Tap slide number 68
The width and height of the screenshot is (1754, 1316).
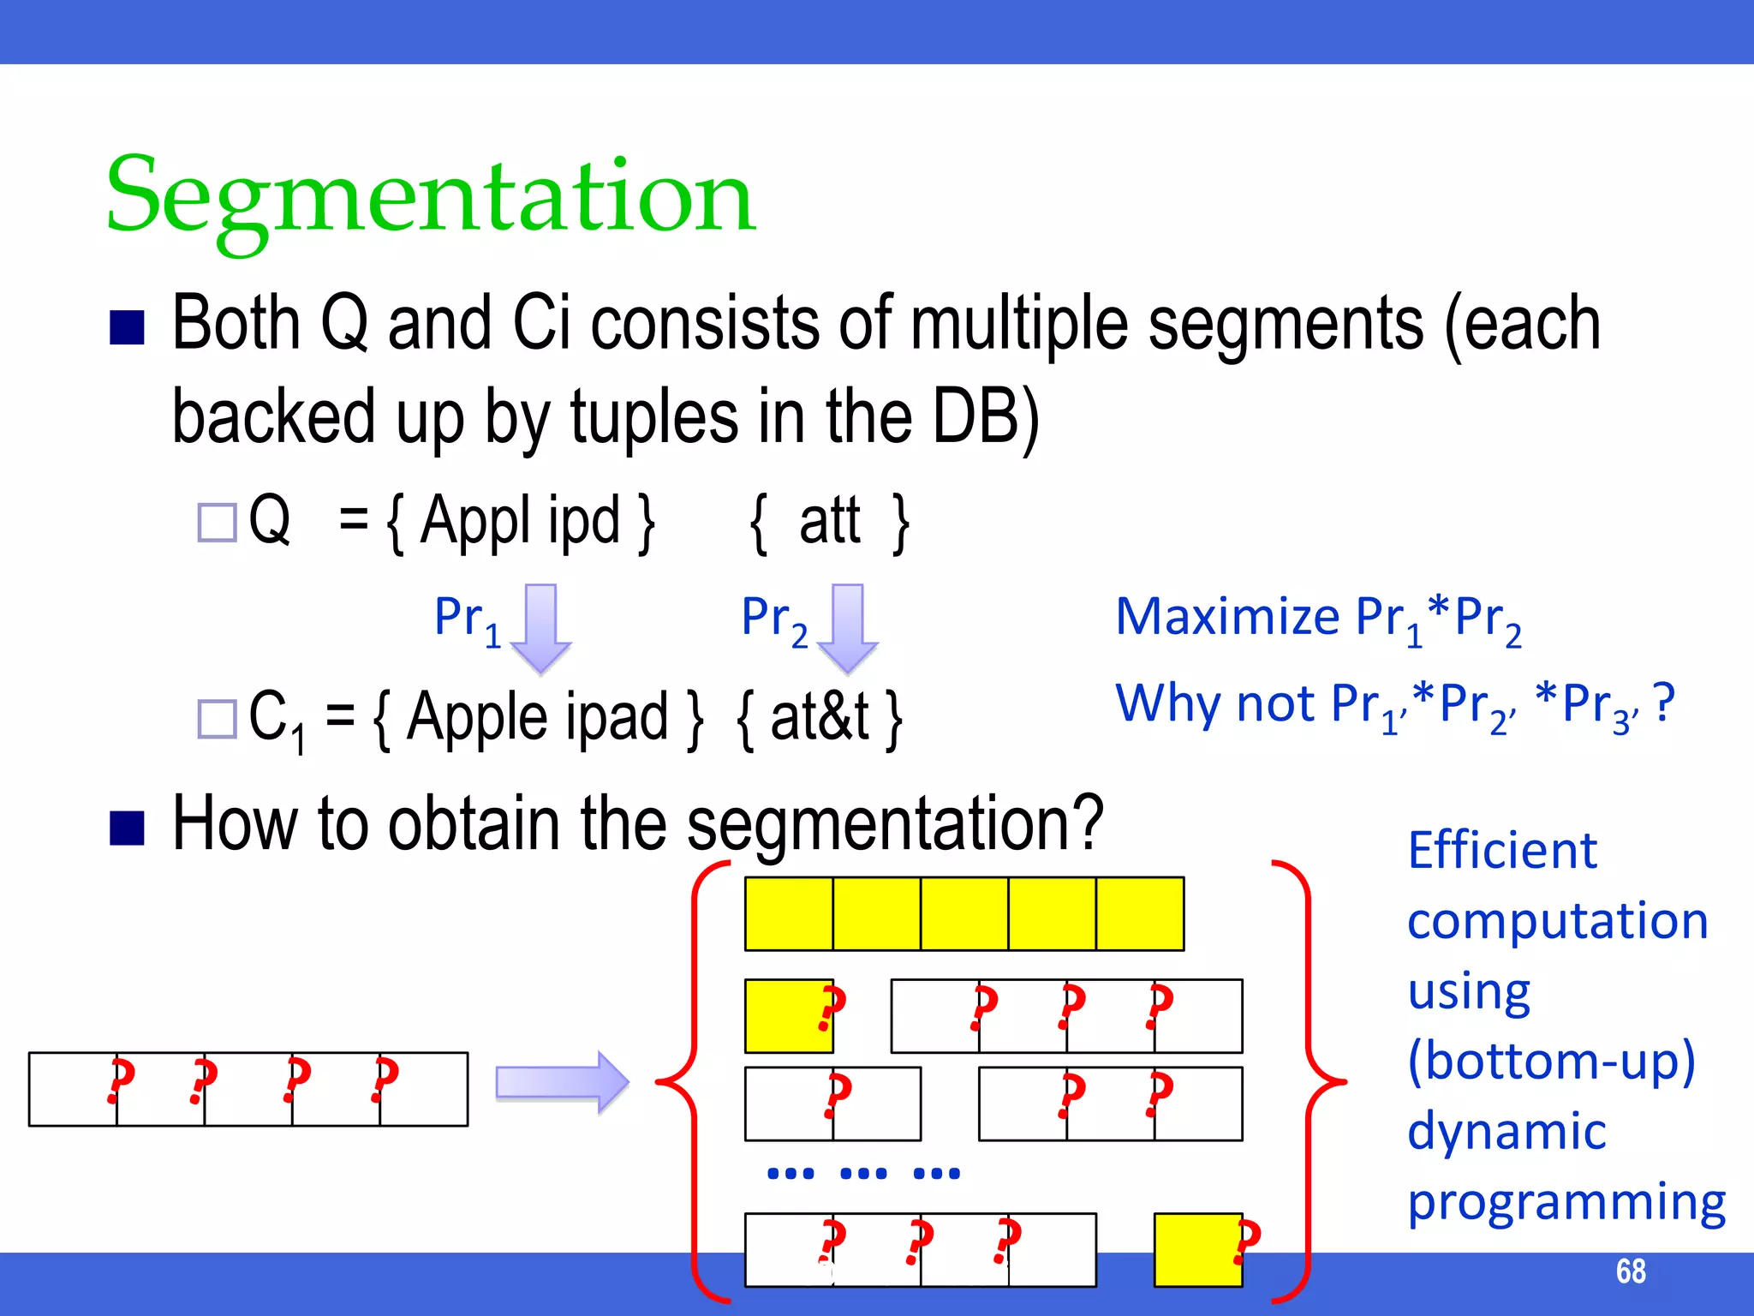[x=1630, y=1271]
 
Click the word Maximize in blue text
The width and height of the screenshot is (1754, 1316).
[x=1226, y=617]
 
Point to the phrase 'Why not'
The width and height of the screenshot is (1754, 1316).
[x=1214, y=704]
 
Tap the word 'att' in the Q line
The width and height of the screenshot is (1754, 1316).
[x=829, y=521]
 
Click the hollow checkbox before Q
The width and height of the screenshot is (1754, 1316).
[x=217, y=522]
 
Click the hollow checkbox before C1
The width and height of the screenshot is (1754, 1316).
[x=217, y=718]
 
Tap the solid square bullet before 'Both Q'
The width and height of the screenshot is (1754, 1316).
[x=127, y=327]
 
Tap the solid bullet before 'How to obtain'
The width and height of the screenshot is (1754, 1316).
[x=127, y=827]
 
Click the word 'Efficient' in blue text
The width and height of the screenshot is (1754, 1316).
[x=1501, y=851]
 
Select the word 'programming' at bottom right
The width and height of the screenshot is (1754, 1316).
[x=1566, y=1203]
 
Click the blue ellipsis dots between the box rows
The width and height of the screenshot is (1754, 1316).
[x=863, y=1173]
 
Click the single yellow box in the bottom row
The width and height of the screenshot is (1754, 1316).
[x=1197, y=1249]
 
